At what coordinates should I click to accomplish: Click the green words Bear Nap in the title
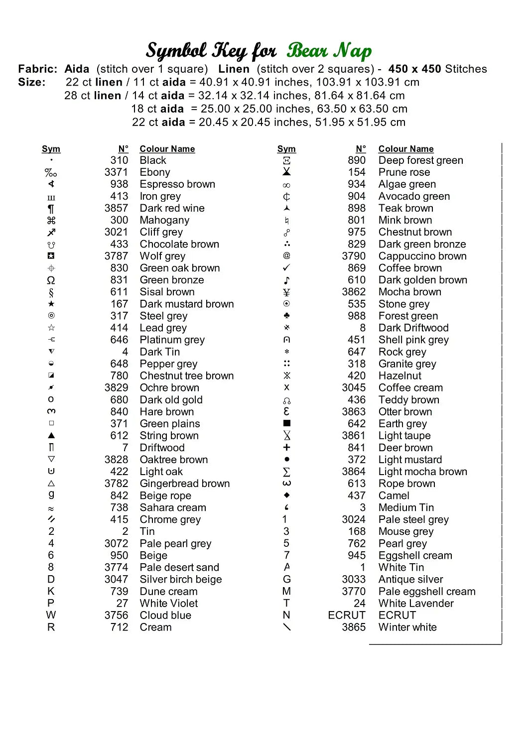[x=329, y=51]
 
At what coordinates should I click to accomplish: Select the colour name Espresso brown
[x=177, y=184]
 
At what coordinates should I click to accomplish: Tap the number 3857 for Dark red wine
[x=116, y=208]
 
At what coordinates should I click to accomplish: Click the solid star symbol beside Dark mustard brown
[x=51, y=304]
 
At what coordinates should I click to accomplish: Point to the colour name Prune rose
[x=404, y=172]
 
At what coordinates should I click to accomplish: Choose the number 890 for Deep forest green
[x=357, y=160]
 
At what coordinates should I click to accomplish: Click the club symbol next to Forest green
[x=286, y=316]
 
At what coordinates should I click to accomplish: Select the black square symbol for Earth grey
[x=286, y=423]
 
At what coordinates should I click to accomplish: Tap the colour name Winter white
[x=407, y=627]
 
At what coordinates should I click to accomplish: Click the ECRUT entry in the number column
[x=347, y=616]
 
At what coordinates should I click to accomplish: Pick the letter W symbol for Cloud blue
[x=51, y=616]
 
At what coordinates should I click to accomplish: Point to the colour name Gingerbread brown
[x=185, y=484]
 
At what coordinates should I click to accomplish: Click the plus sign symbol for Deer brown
[x=286, y=448]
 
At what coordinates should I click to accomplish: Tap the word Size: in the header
[x=32, y=82]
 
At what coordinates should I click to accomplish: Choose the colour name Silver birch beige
[x=181, y=580]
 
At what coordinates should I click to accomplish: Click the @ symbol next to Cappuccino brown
[x=286, y=256]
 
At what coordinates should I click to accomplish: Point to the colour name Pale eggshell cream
[x=427, y=592]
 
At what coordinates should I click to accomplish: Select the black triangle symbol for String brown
[x=51, y=436]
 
